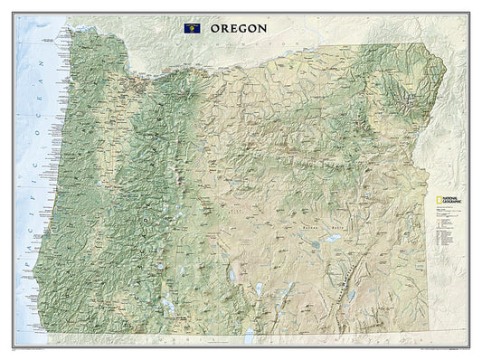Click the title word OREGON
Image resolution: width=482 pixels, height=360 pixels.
[239, 28]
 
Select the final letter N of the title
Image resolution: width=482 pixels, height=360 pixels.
[263, 28]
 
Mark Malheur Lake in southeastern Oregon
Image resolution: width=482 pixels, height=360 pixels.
[332, 239]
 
